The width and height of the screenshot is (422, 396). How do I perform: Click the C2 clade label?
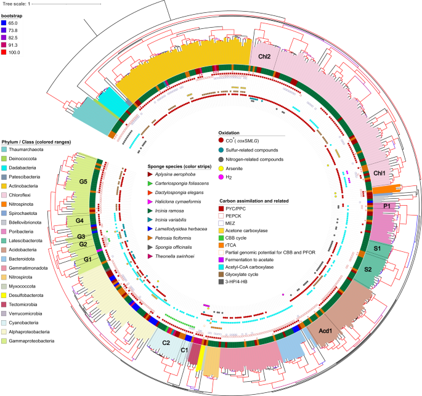[x=166, y=342]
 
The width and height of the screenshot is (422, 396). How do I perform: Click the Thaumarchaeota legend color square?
[x=5, y=150]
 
